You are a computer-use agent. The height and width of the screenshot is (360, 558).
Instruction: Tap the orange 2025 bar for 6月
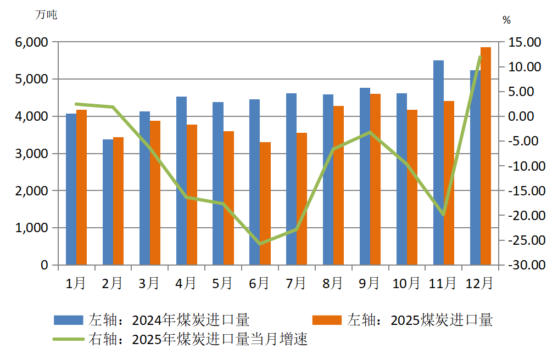[x=265, y=204]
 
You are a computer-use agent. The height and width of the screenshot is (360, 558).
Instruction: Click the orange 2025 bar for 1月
[x=82, y=187]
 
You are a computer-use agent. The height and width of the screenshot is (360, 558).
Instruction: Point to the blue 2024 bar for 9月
[x=365, y=176]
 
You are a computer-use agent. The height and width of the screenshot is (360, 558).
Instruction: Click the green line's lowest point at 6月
[x=260, y=244]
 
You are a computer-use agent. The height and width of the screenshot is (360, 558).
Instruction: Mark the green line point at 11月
[x=443, y=215]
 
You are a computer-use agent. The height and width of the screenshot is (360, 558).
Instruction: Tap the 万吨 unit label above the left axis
[x=46, y=15]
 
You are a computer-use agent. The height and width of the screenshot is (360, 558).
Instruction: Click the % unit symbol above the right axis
[x=506, y=20]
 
